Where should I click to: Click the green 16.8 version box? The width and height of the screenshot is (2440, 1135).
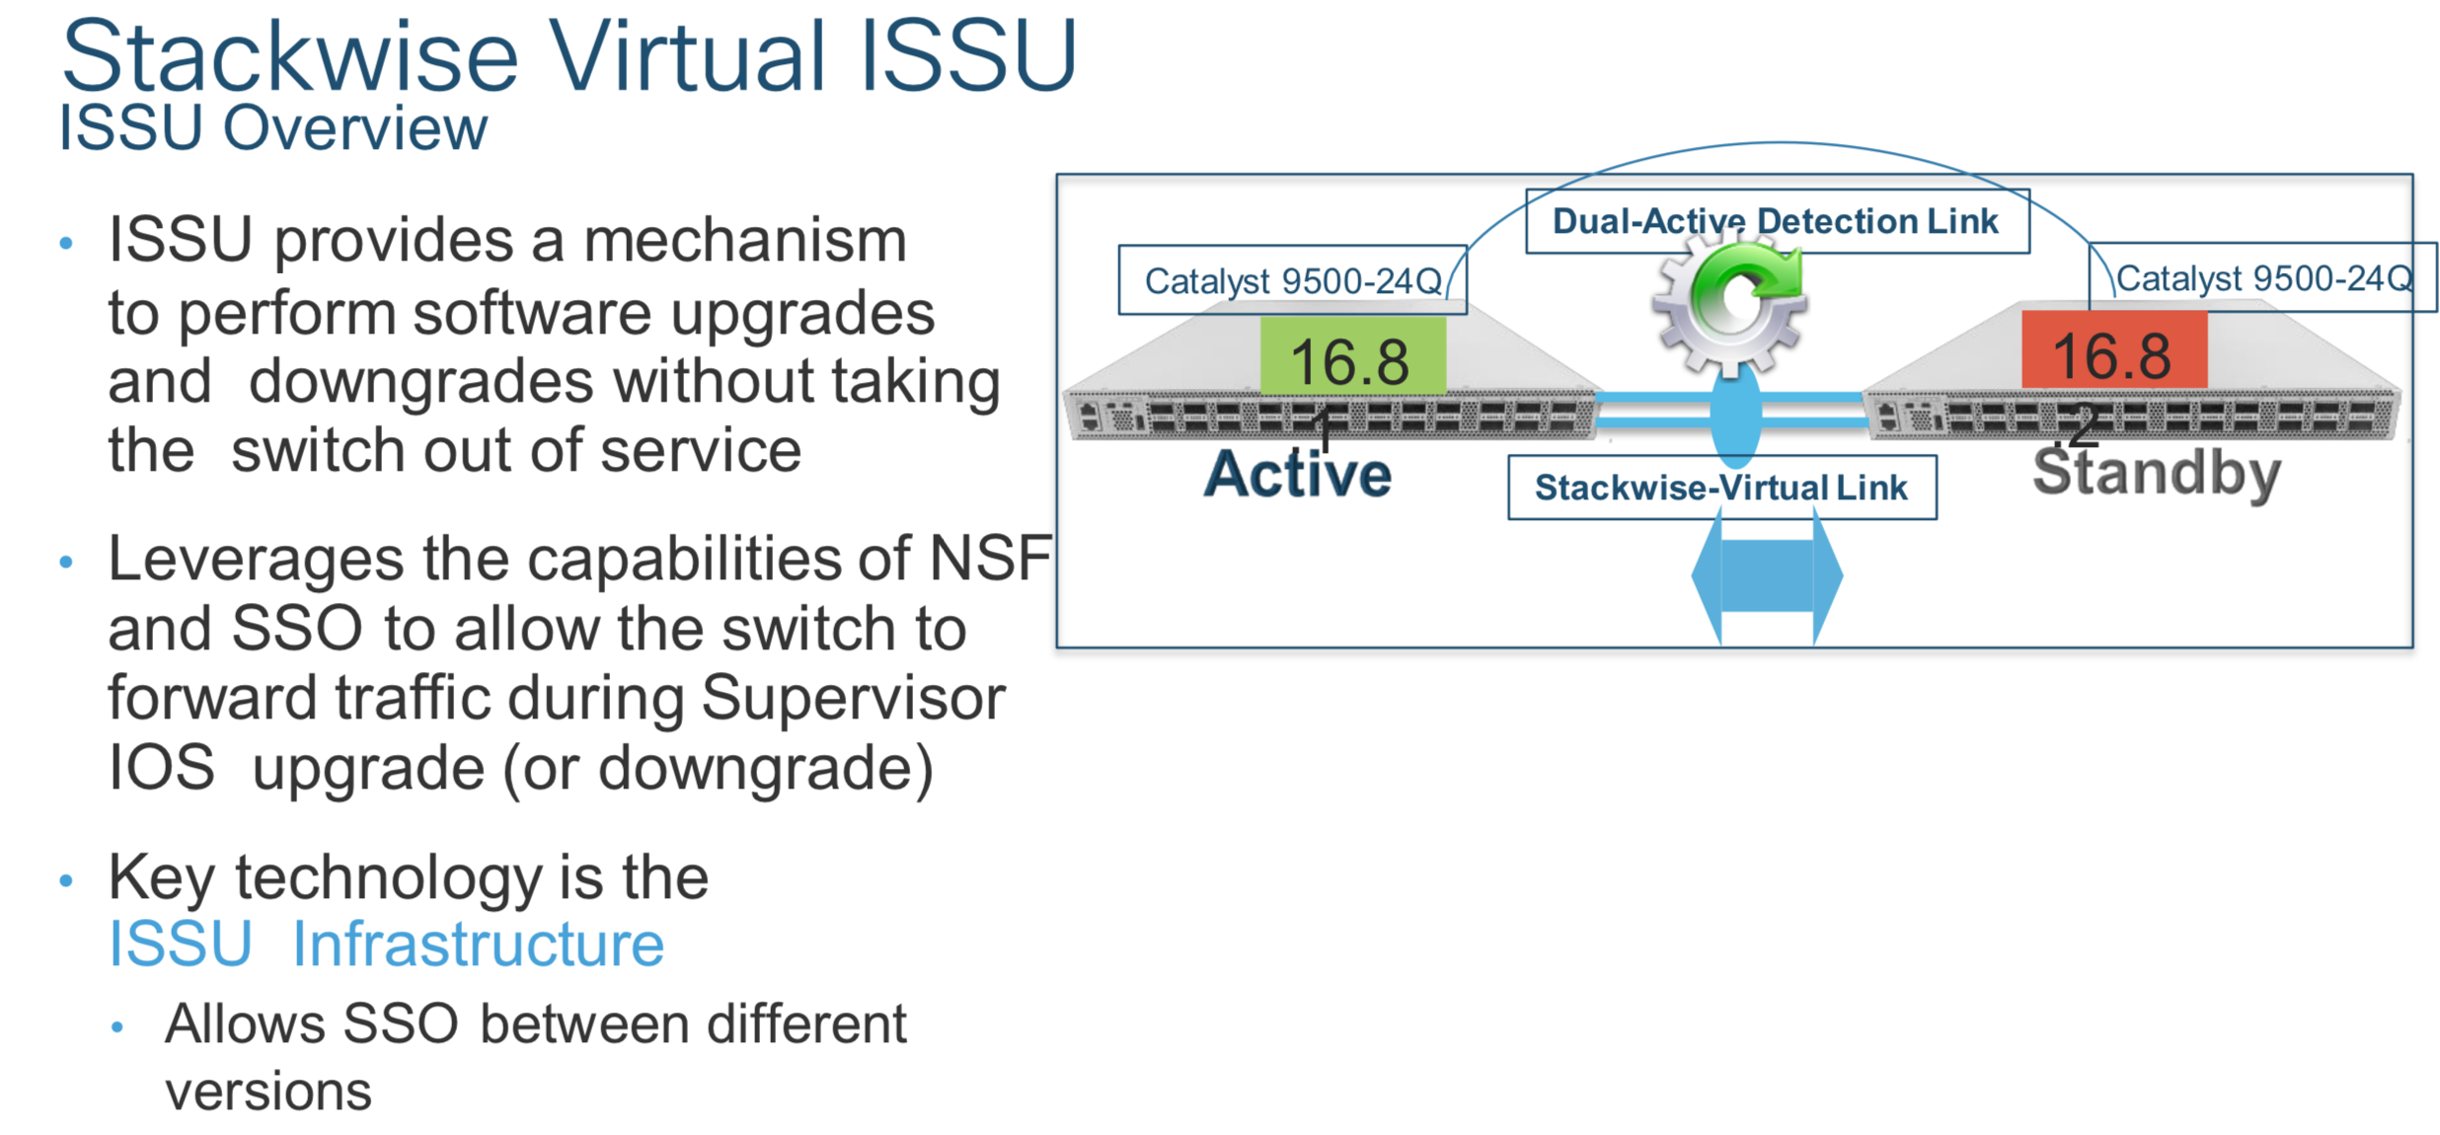click(1352, 356)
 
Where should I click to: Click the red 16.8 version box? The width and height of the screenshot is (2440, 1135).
click(2114, 349)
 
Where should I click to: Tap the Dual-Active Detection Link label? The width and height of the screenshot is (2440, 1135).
click(1776, 221)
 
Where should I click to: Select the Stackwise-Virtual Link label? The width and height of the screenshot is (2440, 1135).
click(1721, 488)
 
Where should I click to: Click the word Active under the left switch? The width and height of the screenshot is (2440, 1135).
click(1298, 475)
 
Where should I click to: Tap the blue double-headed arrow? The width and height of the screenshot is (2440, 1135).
click(1767, 576)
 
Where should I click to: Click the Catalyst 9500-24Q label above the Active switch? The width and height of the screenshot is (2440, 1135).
click(1292, 280)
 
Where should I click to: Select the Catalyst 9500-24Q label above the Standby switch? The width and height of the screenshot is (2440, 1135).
click(2263, 277)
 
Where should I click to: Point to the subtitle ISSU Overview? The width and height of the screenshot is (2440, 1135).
click(273, 128)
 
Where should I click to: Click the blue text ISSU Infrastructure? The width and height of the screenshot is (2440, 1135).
click(386, 944)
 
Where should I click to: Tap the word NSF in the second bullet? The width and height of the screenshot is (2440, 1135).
click(991, 558)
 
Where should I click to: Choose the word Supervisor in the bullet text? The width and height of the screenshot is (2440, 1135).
click(854, 699)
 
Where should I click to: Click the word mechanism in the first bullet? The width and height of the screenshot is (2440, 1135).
click(745, 241)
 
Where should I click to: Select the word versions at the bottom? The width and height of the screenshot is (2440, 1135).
click(268, 1092)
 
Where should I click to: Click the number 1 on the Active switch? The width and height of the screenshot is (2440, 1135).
click(1323, 430)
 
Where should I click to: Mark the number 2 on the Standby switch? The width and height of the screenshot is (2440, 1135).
click(2083, 427)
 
